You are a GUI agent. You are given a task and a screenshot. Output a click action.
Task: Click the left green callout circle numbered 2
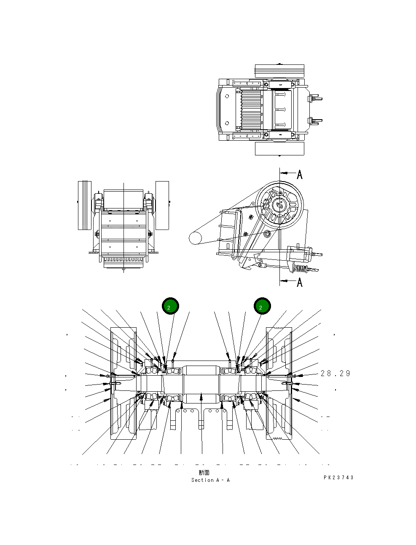click(170, 306)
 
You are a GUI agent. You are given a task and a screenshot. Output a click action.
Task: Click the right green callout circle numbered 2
click(262, 306)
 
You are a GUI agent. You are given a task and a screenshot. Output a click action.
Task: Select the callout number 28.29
click(335, 373)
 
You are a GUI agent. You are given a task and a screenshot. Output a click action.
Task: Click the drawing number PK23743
click(338, 477)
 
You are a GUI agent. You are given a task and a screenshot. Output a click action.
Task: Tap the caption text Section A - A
click(210, 480)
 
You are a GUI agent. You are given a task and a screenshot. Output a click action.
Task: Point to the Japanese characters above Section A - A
click(204, 473)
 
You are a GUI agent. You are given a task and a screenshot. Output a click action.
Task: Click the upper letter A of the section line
click(300, 174)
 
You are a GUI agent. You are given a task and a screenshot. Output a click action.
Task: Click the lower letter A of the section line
click(300, 282)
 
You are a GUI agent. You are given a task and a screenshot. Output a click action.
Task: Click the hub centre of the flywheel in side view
click(279, 205)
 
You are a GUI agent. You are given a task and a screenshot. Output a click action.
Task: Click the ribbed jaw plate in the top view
click(251, 110)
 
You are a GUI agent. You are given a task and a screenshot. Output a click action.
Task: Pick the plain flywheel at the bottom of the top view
click(279, 148)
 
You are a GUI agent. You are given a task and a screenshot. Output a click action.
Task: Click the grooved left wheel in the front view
click(85, 205)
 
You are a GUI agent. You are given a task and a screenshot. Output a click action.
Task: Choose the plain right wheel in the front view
click(162, 205)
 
